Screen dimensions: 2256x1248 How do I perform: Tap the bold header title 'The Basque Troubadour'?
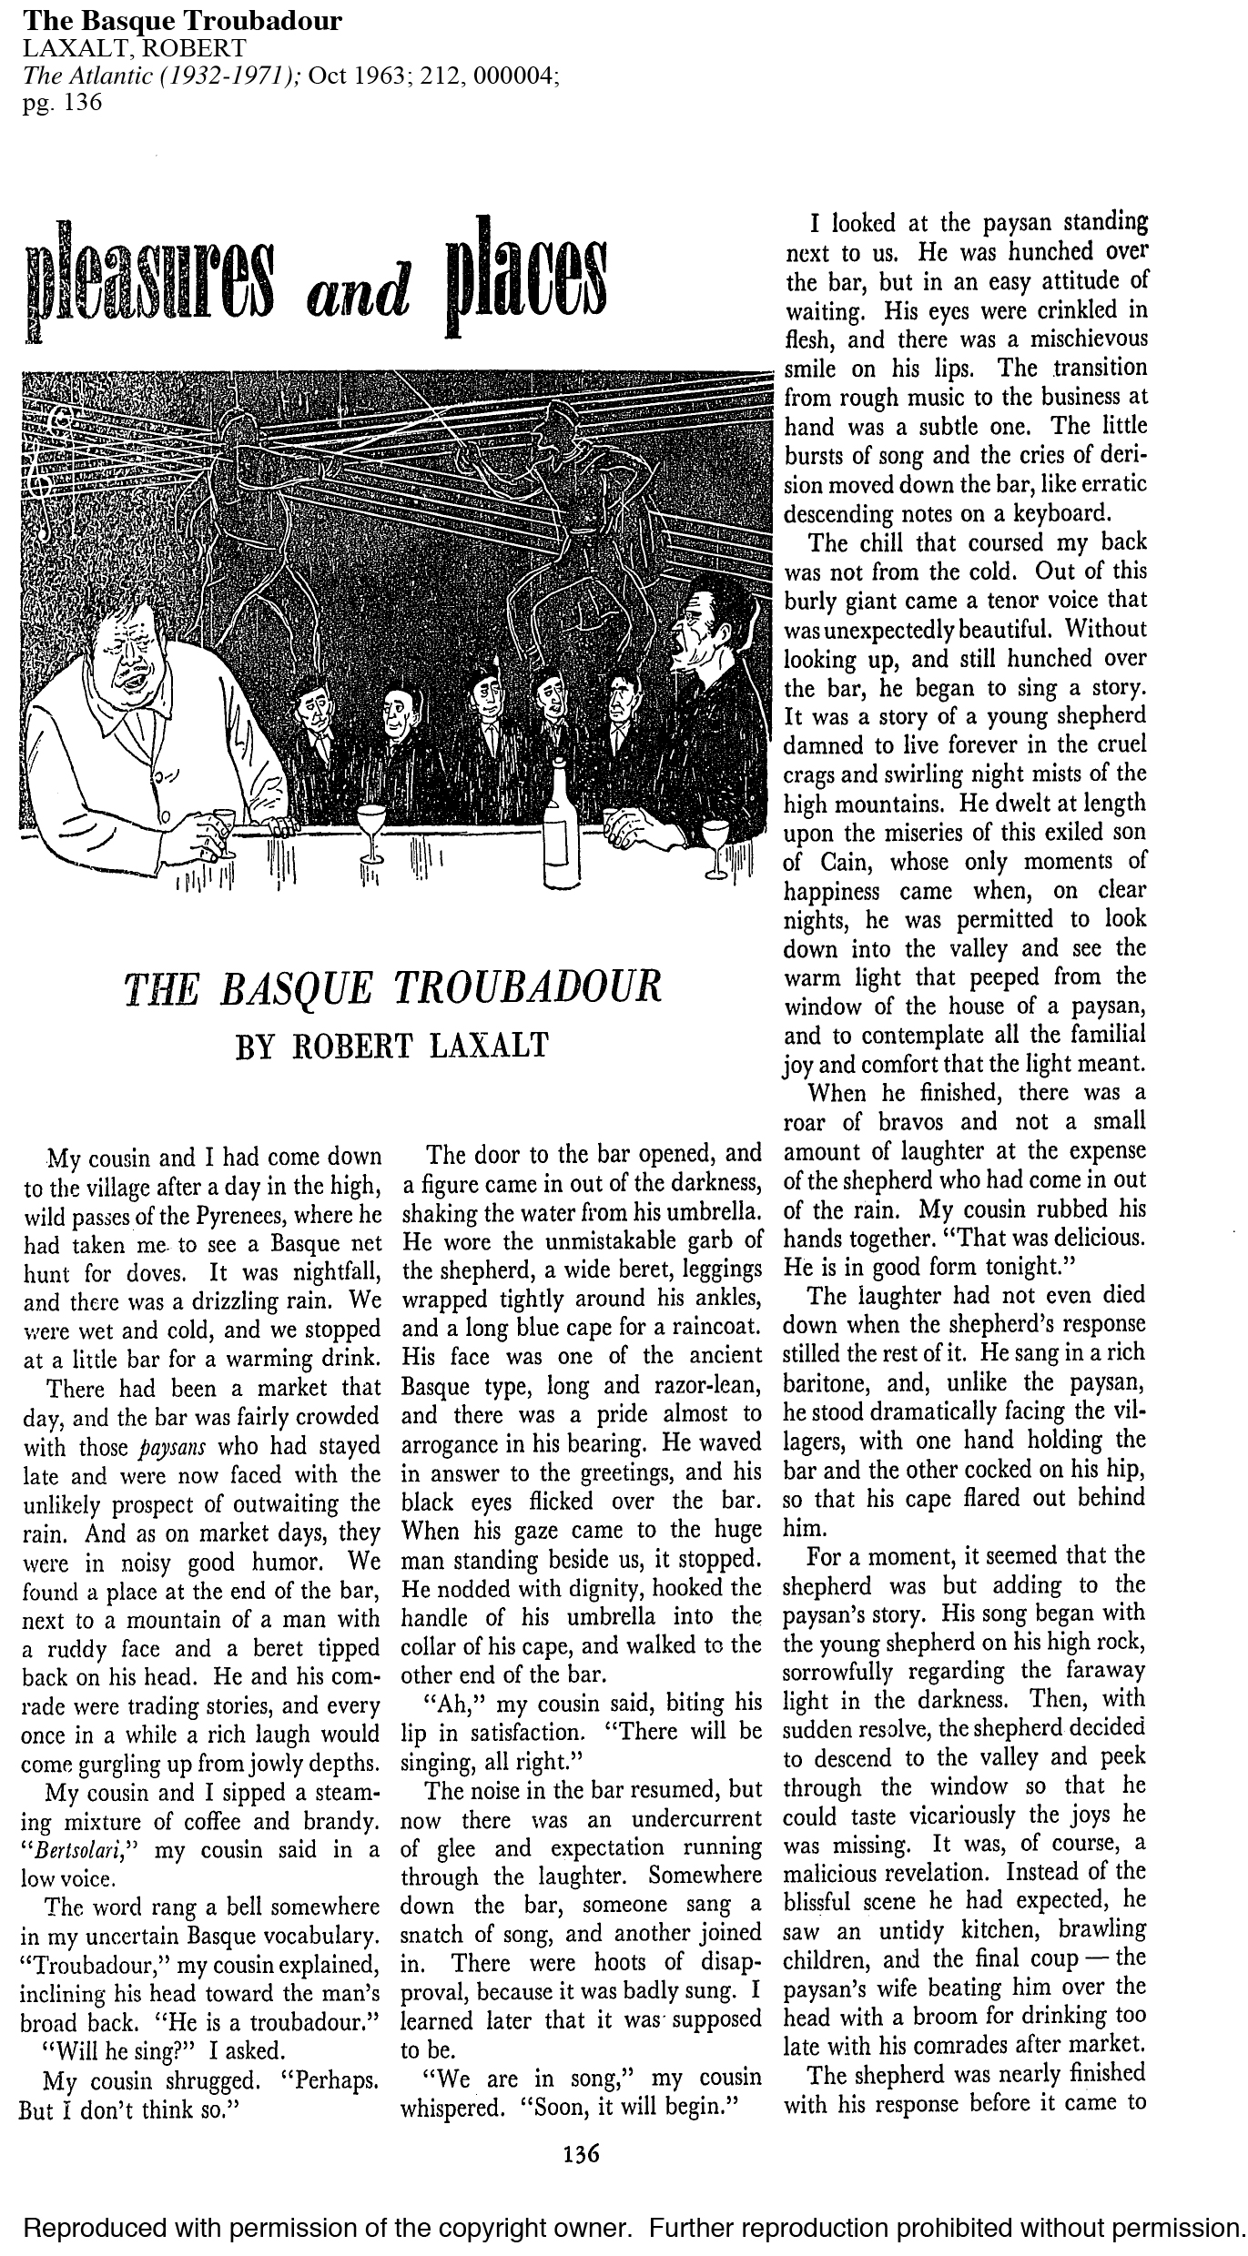pyautogui.click(x=182, y=23)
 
